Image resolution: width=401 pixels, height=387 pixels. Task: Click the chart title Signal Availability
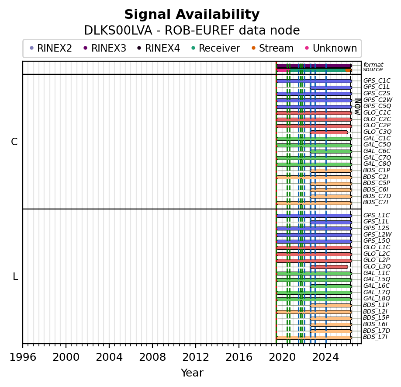pos(192,15)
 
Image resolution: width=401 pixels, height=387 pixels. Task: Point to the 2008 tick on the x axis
pos(152,357)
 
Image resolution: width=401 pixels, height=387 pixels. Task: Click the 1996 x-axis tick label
pos(23,357)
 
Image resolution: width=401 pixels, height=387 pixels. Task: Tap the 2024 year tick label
pos(325,357)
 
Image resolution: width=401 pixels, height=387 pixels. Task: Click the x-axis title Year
pos(192,373)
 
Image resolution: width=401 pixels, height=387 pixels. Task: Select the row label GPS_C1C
pos(377,81)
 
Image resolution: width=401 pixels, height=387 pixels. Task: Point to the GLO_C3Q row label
pos(377,132)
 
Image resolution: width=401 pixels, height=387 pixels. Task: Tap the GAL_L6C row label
pos(377,286)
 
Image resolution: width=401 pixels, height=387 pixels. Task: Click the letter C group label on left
pos(14,142)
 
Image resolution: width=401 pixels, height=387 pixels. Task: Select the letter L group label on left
pos(15,276)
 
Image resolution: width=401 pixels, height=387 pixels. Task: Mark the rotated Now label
pos(357,106)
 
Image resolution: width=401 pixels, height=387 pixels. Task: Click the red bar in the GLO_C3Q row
pos(329,132)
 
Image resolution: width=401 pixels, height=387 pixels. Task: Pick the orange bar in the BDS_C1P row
pos(331,171)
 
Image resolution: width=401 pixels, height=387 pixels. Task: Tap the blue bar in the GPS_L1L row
pos(331,222)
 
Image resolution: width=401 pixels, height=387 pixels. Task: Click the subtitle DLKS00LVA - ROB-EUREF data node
pos(192,31)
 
